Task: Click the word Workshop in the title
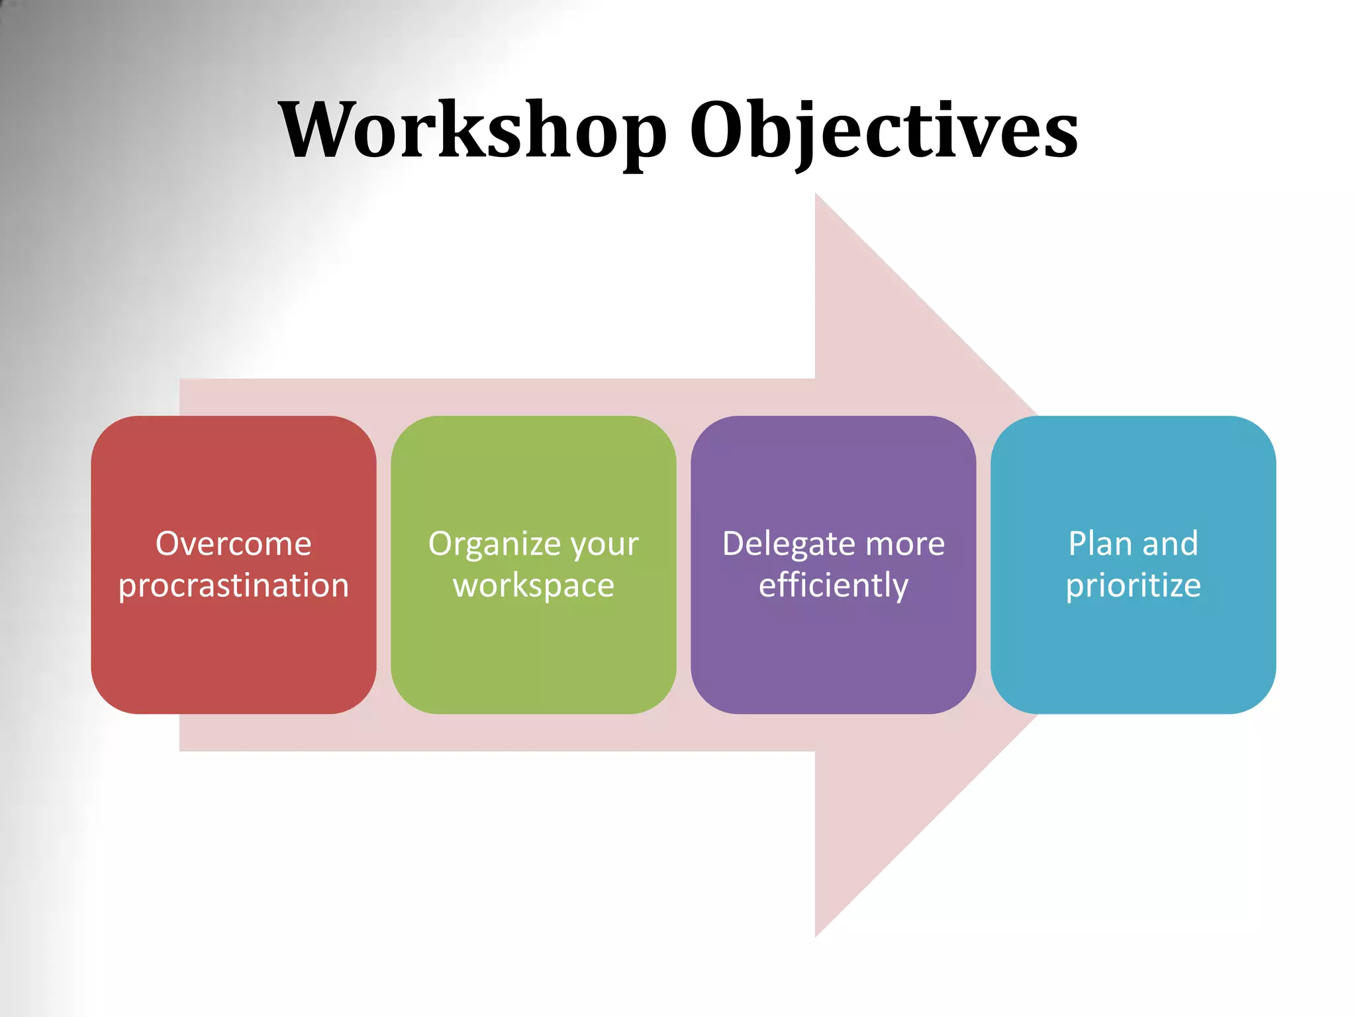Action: point(472,130)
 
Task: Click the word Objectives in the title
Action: point(883,130)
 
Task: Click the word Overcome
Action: point(233,544)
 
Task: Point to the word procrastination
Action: point(233,585)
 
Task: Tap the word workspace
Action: point(534,586)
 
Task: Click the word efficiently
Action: point(833,586)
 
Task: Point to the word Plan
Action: point(1099,544)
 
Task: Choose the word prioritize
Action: point(1133,586)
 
